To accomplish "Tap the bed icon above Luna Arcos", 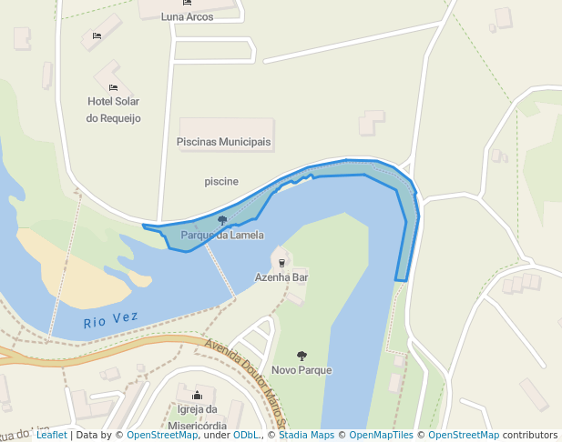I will [x=188, y=3].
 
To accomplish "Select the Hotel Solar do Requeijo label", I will [x=113, y=109].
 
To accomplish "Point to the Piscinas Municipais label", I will [x=223, y=142].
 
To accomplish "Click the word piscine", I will [x=221, y=181].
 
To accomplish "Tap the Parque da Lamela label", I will [x=222, y=235].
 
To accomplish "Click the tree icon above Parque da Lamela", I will [x=222, y=220].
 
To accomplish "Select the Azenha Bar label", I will [x=281, y=276].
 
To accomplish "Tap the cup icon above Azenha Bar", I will [x=281, y=263].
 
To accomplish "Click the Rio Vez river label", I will [x=110, y=320].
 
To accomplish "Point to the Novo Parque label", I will [x=301, y=370].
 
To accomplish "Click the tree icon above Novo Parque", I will [x=301, y=356].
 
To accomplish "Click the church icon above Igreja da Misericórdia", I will [x=197, y=396].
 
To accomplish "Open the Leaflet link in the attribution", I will [x=51, y=435].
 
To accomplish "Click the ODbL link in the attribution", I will [x=246, y=435].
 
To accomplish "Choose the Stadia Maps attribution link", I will [x=304, y=435].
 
